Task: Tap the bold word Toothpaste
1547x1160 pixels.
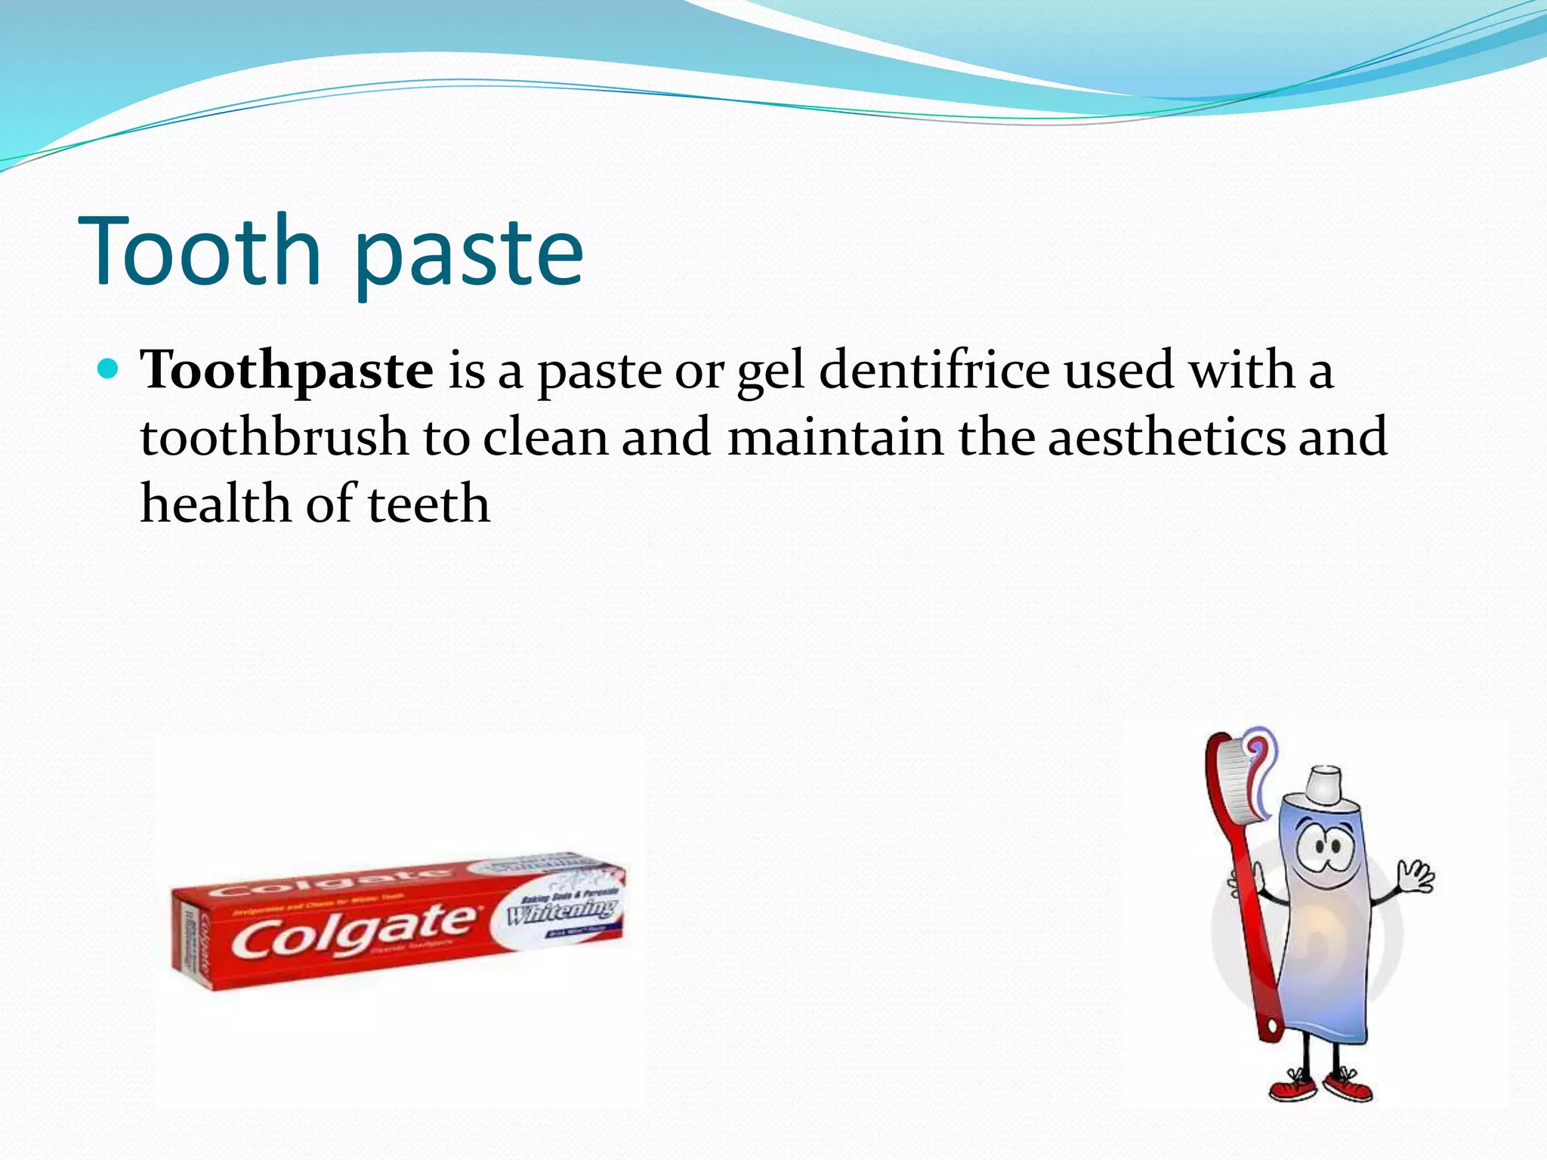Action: click(287, 371)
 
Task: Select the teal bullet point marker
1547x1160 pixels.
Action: click(110, 369)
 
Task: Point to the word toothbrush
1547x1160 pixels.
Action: click(274, 437)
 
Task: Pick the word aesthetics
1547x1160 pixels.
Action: click(1166, 437)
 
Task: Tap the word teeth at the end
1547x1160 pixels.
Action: click(428, 504)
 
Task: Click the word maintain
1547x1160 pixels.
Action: click(835, 437)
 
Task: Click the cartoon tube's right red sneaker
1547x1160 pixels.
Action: click(1352, 1087)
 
